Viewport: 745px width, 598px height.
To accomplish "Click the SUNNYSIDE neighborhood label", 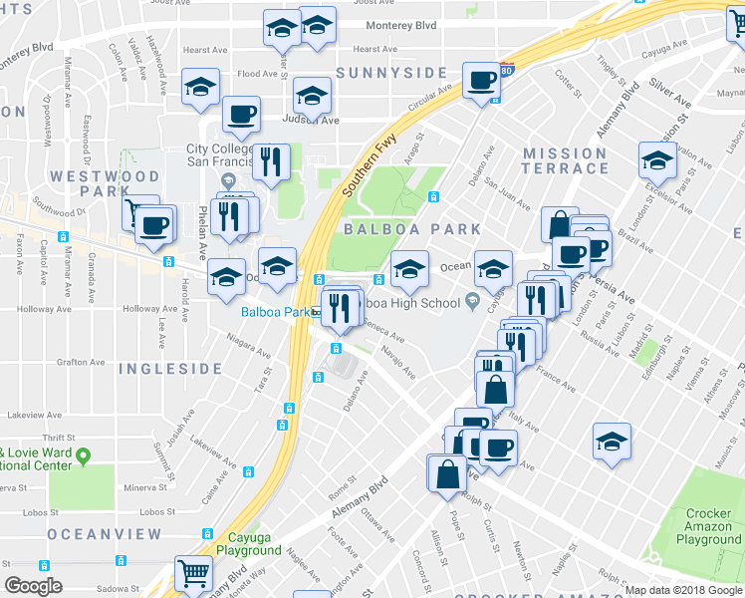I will (391, 73).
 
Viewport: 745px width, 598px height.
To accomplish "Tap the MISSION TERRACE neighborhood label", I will (565, 161).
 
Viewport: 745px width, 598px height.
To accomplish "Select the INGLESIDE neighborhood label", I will (170, 369).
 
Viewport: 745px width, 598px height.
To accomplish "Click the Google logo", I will (33, 586).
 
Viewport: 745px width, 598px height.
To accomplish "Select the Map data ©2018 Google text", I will (683, 590).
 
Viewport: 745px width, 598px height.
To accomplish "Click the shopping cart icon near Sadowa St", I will (193, 573).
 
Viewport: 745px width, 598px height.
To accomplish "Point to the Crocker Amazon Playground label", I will (708, 526).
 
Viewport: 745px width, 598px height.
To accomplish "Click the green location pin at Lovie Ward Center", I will (85, 456).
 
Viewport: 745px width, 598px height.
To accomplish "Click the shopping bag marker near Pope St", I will (446, 472).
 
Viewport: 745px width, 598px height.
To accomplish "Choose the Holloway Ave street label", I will (148, 310).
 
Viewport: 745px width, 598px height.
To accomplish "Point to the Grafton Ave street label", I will (83, 362).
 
